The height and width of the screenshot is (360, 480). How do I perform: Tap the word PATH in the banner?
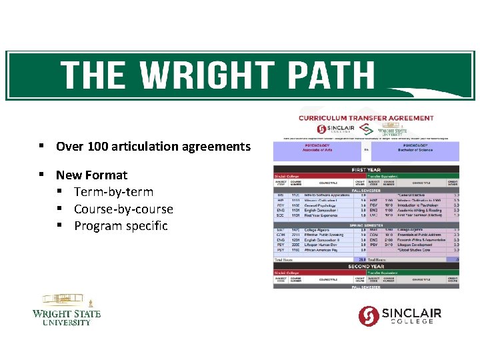pos(326,75)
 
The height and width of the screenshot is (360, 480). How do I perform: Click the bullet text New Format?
pos(91,175)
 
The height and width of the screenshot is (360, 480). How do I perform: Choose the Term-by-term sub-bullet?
pos(113,192)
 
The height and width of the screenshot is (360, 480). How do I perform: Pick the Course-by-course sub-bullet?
pos(123,209)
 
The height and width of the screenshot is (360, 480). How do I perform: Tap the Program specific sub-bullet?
pos(121,226)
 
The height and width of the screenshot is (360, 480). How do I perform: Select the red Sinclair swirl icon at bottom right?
pos(369,315)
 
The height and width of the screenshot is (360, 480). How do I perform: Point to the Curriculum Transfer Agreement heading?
pos(365,118)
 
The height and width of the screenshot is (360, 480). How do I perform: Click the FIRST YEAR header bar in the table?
pos(366,169)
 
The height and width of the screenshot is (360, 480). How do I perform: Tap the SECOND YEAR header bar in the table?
pos(366,266)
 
